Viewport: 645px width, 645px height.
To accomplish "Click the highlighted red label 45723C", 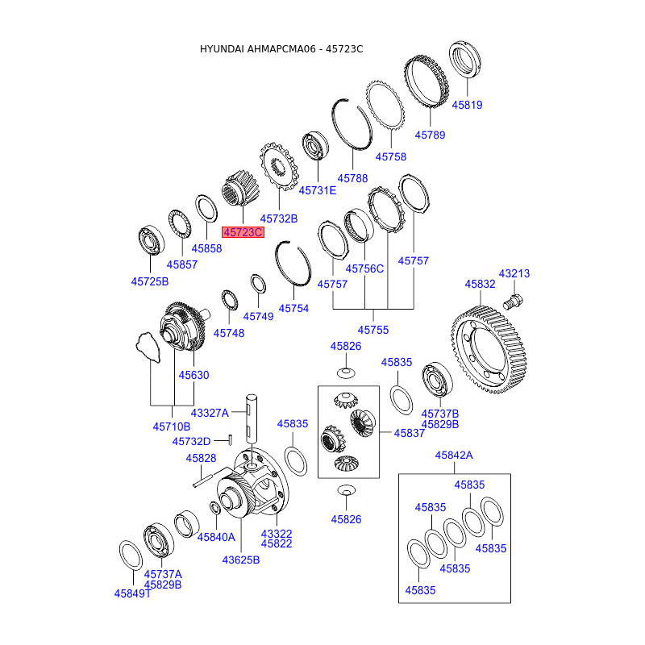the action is (243, 232).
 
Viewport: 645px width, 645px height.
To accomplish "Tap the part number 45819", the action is (467, 105).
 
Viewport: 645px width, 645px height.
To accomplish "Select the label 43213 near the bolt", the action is (514, 273).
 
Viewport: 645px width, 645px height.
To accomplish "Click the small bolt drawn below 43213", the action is (513, 302).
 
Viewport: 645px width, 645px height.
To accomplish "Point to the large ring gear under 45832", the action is (489, 350).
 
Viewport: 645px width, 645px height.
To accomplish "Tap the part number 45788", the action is (352, 178).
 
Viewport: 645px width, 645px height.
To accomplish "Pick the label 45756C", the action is (364, 268).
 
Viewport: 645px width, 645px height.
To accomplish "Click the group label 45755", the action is (373, 330).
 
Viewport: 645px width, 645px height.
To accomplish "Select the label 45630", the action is (193, 375).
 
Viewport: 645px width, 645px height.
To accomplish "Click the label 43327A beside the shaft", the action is (210, 413).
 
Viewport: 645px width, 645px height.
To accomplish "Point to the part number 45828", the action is (201, 458).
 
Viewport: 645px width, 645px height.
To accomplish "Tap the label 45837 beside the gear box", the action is (410, 433).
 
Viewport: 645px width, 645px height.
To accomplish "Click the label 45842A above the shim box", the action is (454, 456).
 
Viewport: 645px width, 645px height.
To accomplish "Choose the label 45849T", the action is (132, 593).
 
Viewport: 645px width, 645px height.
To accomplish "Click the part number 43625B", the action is (240, 560).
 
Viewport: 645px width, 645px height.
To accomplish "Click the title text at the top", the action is (281, 49).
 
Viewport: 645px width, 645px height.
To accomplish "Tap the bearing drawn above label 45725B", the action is (152, 239).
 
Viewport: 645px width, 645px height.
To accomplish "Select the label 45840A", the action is (216, 537).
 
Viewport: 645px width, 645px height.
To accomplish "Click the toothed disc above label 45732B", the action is (279, 167).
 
